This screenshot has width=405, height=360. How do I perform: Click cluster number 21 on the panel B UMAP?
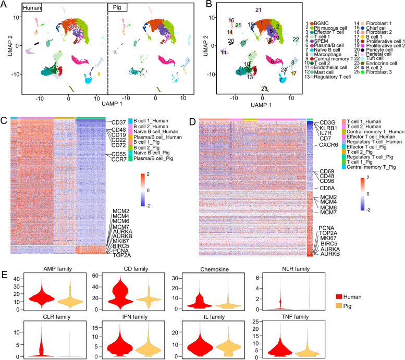pyautogui.click(x=258, y=10)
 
